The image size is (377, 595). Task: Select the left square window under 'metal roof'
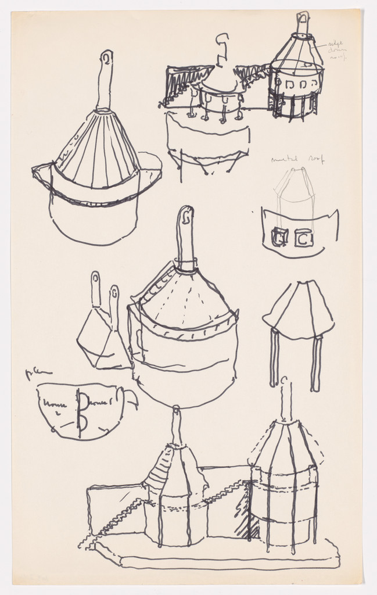[x=279, y=237]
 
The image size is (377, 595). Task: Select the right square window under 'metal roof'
[x=304, y=237]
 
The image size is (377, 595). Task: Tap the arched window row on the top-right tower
[x=296, y=85]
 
